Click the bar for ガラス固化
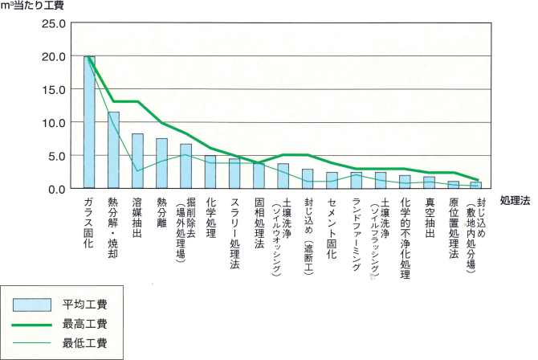pyautogui.click(x=90, y=123)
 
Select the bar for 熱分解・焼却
pyautogui.click(x=114, y=150)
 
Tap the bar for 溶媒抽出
pyautogui.click(x=137, y=161)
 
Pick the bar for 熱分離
pyautogui.click(x=161, y=163)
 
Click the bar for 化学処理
pyautogui.click(x=210, y=172)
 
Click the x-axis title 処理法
pyautogui.click(x=514, y=199)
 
